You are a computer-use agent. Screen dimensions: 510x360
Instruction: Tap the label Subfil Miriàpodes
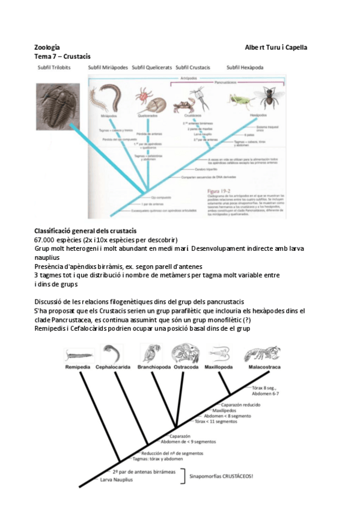(x=108, y=67)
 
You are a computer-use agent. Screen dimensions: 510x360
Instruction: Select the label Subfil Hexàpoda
(x=245, y=67)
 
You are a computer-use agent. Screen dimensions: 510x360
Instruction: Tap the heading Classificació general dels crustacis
(x=85, y=231)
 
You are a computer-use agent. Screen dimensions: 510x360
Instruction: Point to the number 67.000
(x=46, y=239)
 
